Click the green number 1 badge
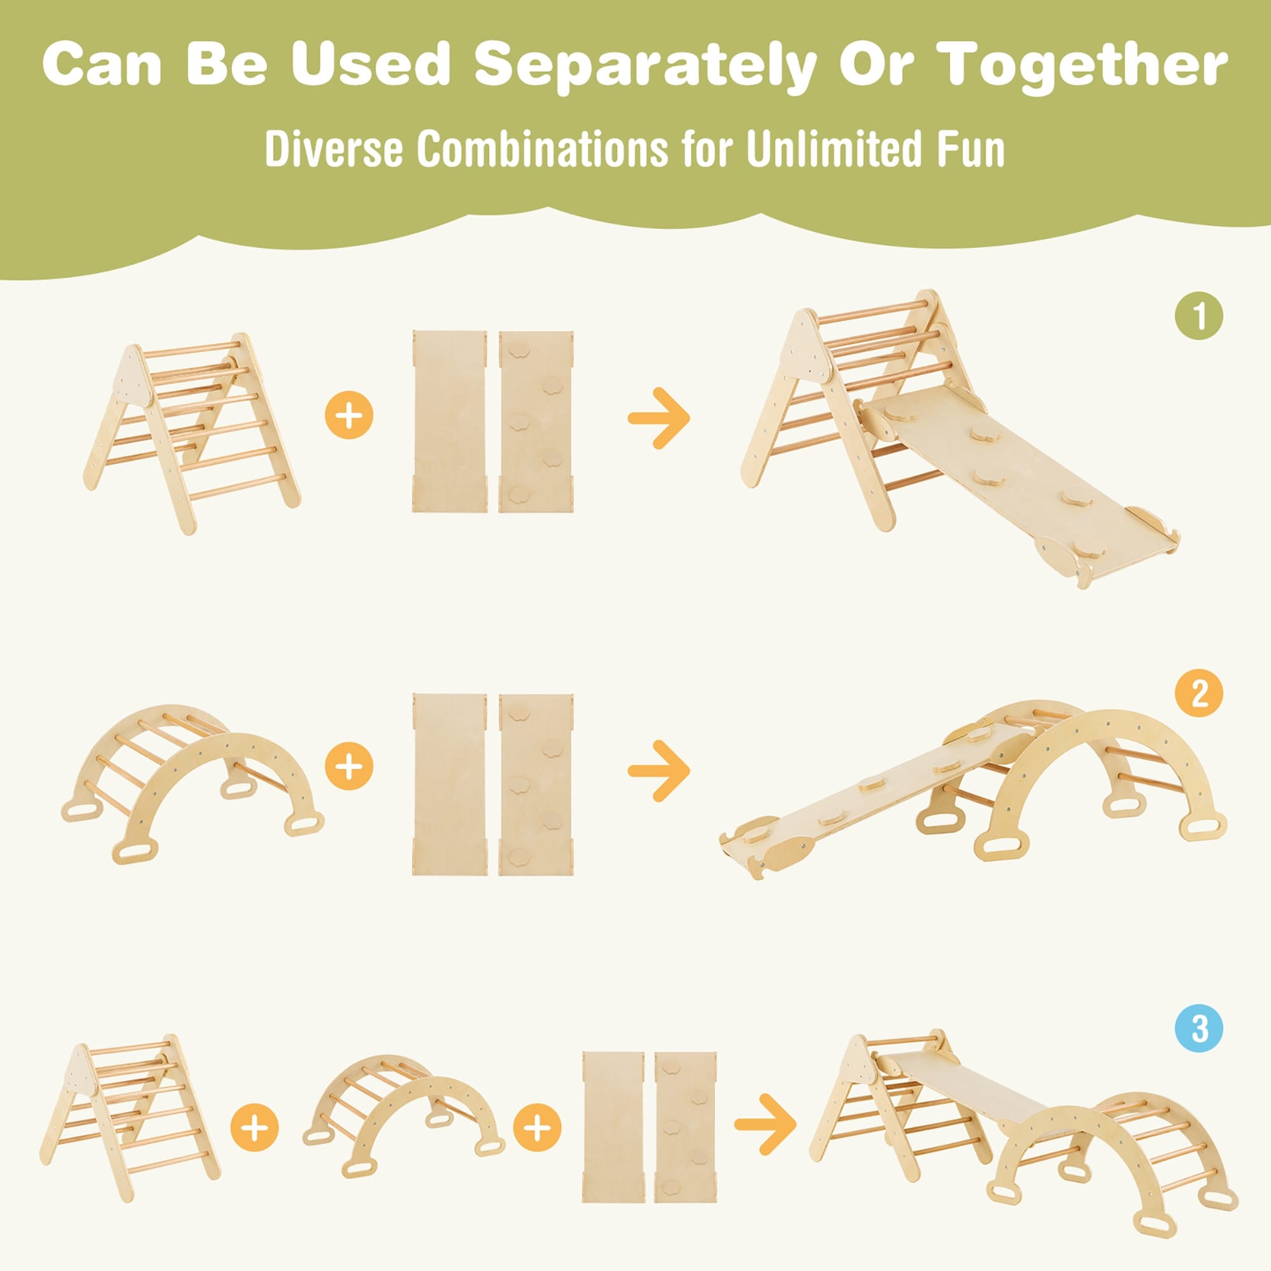coord(1199,316)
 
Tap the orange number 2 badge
coord(1199,693)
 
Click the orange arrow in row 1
coord(658,418)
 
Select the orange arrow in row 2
coord(658,770)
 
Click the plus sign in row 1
coord(350,416)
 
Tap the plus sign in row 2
coord(350,766)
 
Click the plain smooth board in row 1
coord(450,422)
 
